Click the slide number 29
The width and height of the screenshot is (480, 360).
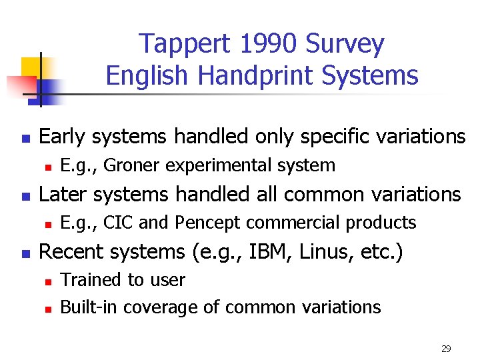pyautogui.click(x=446, y=349)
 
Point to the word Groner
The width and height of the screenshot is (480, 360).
pyautogui.click(x=130, y=165)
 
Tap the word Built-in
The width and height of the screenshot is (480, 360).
pyautogui.click(x=89, y=307)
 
